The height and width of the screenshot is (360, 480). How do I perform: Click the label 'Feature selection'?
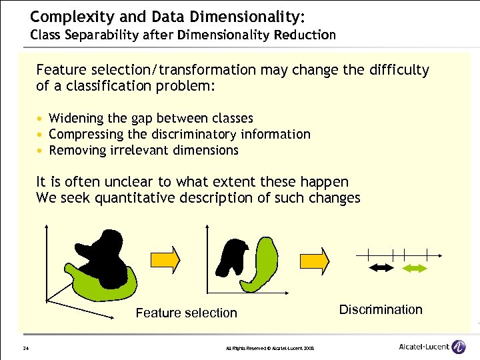tap(186, 313)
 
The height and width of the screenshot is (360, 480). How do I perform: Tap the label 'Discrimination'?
tap(381, 309)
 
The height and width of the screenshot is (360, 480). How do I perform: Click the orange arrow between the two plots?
tap(170, 259)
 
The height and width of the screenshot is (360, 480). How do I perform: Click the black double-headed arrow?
tap(383, 267)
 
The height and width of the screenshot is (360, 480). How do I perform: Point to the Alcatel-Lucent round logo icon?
tap(459, 347)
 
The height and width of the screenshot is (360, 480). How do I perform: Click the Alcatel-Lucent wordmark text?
tap(424, 347)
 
